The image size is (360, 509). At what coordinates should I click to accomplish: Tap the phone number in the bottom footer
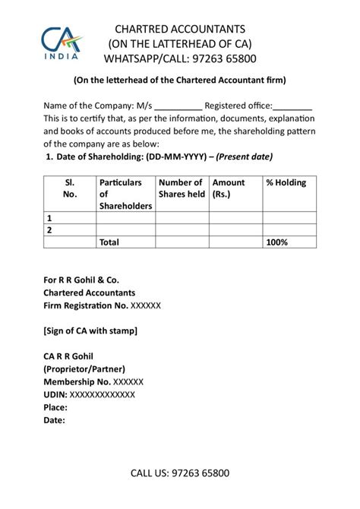(201, 473)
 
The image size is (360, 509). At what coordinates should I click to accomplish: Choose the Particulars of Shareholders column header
(125, 194)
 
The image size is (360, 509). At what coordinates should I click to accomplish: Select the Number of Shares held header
(182, 188)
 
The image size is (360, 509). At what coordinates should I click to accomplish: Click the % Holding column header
(286, 183)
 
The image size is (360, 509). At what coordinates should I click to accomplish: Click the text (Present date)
(245, 157)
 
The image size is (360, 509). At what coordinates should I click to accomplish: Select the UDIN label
(55, 394)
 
